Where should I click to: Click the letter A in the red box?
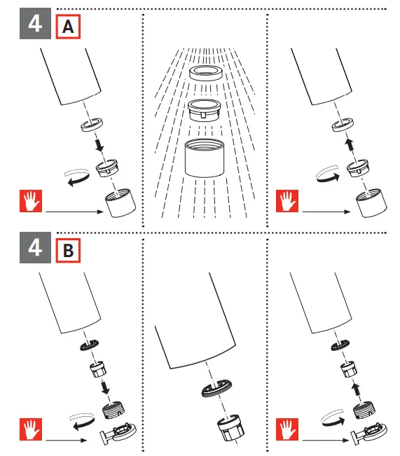pos(68,27)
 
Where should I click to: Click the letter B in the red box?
pos(68,250)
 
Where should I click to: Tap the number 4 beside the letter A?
pos(35,24)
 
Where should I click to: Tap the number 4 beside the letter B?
pos(35,247)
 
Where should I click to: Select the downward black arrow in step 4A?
pos(99,144)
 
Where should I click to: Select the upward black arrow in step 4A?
pos(350,145)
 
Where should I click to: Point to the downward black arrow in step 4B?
pos(105,388)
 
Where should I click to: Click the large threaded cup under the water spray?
pos(205,158)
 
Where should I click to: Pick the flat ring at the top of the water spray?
pos(206,73)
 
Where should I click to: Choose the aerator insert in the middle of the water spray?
pos(205,110)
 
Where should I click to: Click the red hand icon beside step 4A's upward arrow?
pos(287,201)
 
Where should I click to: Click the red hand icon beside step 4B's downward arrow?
pos(31,429)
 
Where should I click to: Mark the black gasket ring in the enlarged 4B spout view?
pos(216,388)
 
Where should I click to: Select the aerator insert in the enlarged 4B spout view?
pos(230,429)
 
